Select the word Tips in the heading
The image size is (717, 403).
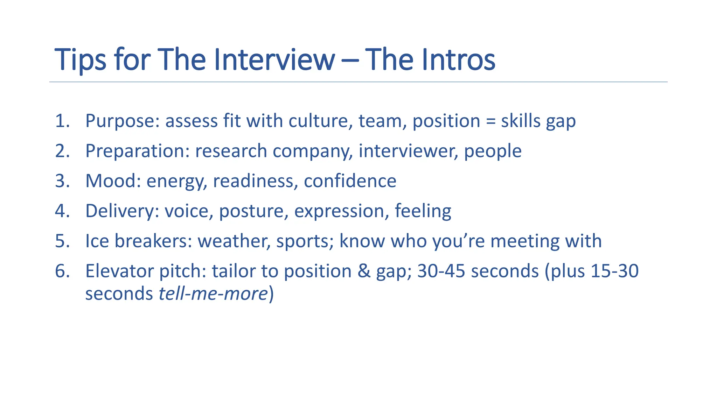point(80,60)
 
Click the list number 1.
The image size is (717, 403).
point(62,121)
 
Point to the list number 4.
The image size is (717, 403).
point(62,211)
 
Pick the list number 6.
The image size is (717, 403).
point(62,271)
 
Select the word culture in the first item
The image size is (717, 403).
point(320,121)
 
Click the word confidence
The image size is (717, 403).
point(350,181)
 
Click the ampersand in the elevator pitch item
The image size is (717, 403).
point(364,271)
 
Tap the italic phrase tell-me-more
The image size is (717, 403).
point(213,294)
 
